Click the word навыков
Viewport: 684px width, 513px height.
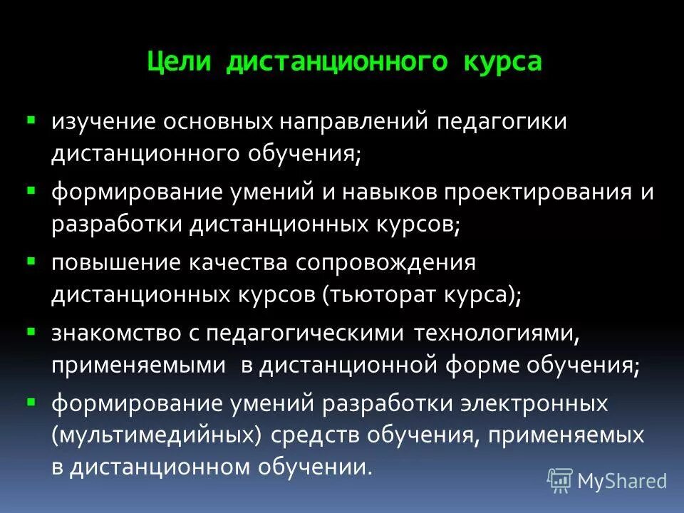pos(393,192)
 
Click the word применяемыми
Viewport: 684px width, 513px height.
pos(138,365)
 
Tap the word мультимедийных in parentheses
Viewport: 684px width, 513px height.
pos(154,435)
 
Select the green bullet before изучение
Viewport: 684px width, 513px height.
pos(31,115)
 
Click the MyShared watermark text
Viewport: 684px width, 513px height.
pos(622,481)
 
